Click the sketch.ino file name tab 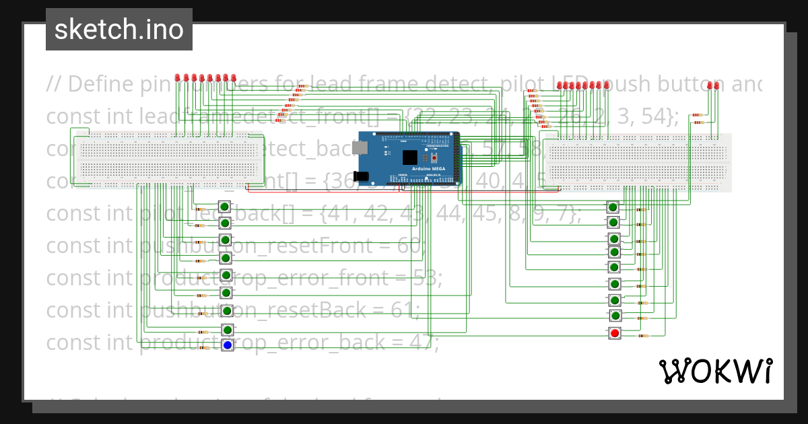[119, 30]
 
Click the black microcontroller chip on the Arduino [409, 157]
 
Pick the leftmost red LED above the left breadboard [178, 78]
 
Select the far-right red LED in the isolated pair [716, 85]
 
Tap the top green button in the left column [225, 207]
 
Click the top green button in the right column [613, 207]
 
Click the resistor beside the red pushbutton [642, 335]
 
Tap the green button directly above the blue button [227, 329]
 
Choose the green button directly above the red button [614, 316]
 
